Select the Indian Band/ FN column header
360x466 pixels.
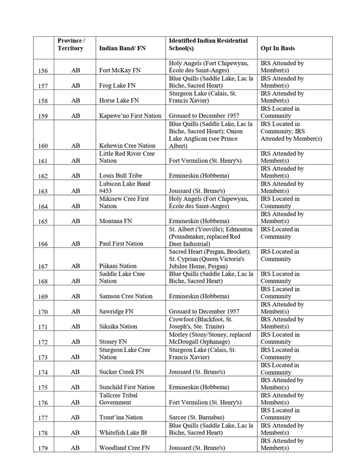pos(122,48)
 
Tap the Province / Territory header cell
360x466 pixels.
pos(71,44)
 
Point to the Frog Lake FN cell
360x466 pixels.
pos(118,85)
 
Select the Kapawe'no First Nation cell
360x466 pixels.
pos(130,116)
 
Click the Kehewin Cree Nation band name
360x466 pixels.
pos(127,146)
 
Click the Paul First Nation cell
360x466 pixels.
pos(121,244)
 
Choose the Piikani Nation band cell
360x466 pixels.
pos(119,266)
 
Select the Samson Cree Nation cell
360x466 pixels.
pos(126,296)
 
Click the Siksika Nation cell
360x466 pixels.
pos(118,326)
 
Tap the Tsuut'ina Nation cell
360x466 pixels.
pos(121,417)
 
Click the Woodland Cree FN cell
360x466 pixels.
pos(124,448)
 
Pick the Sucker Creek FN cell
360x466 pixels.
pos(121,372)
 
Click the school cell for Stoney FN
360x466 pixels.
pos(211,338)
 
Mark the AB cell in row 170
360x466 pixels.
pos(76,311)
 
